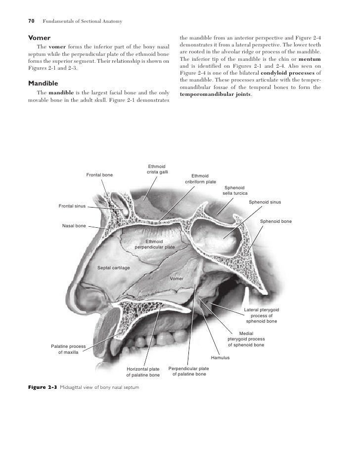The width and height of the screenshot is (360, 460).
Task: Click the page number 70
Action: point(30,21)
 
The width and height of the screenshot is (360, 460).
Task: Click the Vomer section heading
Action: point(39,38)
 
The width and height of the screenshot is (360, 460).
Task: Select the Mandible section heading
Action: point(44,83)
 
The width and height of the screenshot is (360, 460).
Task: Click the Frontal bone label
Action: point(99,175)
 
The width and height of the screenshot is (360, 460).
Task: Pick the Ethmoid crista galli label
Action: point(158,169)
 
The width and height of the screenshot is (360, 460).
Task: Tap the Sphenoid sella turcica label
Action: point(234,190)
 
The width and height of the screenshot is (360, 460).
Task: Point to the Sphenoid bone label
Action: point(275,221)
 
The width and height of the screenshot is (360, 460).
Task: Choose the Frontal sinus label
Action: point(72,205)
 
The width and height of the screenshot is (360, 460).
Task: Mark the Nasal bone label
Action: point(74,226)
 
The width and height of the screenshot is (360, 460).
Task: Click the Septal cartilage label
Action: point(114,267)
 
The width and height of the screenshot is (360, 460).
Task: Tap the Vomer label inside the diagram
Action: point(177,279)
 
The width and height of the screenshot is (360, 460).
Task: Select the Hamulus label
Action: point(221,357)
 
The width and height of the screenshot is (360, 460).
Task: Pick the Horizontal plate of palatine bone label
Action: point(143,372)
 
